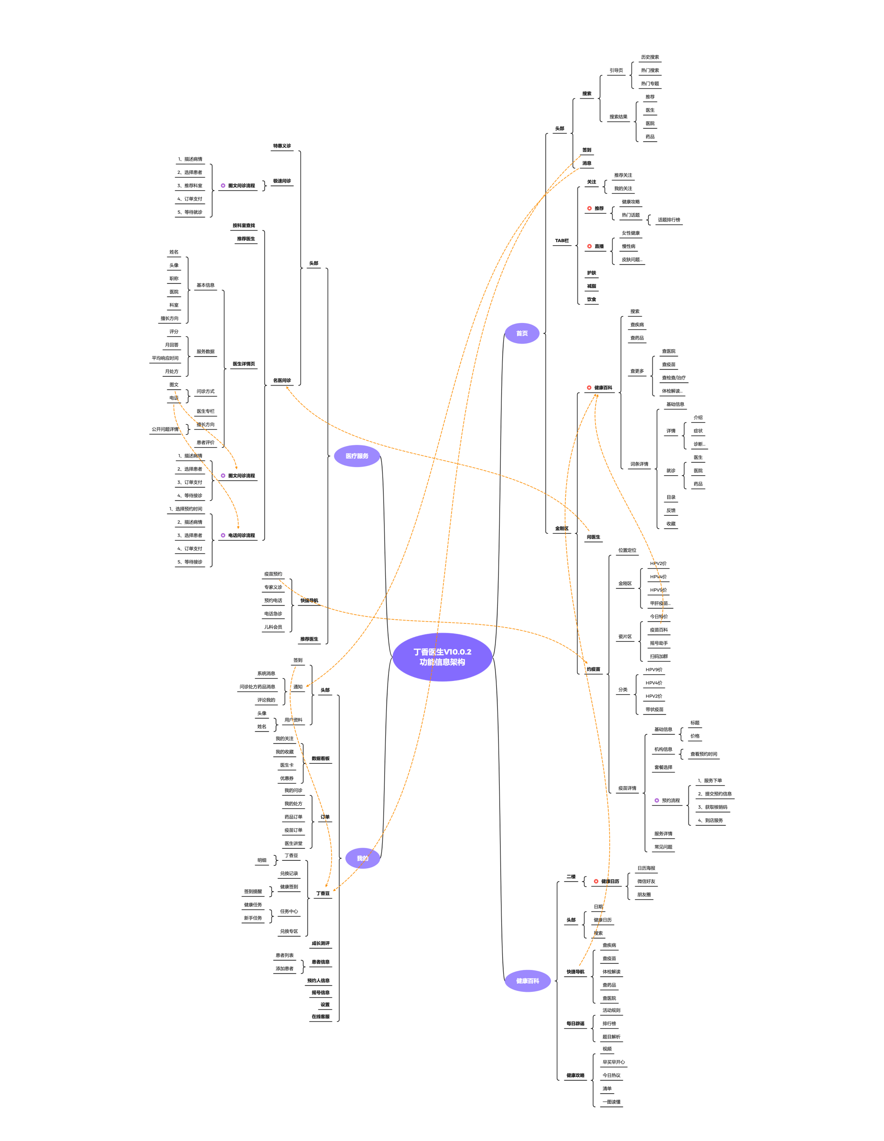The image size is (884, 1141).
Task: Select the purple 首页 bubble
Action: (x=522, y=333)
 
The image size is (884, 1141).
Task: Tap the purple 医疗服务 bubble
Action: (x=356, y=456)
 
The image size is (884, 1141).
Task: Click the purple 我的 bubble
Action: (x=362, y=859)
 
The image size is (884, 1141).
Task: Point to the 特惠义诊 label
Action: (x=282, y=146)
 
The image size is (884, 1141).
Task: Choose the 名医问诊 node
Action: (x=282, y=380)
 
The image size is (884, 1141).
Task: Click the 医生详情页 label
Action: (x=244, y=363)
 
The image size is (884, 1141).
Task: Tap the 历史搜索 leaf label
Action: (x=650, y=57)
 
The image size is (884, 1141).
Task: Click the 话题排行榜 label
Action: (x=669, y=220)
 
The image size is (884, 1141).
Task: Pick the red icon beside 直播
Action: (x=589, y=246)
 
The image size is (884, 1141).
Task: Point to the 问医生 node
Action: (x=593, y=537)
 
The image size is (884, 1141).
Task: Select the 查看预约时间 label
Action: (x=704, y=754)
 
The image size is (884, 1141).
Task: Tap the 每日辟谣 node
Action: (x=575, y=1024)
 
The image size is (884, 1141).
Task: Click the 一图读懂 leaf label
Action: (x=611, y=1102)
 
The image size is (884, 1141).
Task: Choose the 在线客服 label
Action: (x=320, y=1017)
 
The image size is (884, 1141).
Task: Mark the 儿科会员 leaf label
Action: (x=273, y=627)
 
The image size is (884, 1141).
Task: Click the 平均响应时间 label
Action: (x=165, y=358)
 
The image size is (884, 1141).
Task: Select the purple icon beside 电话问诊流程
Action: (x=223, y=536)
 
